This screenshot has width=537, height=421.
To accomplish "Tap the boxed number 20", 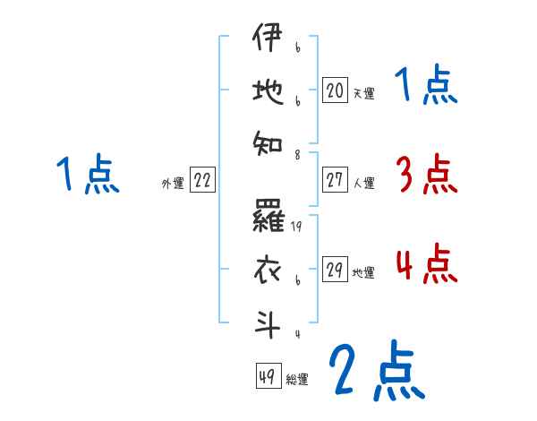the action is point(335,90).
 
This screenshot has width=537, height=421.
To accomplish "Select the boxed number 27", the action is point(335,181).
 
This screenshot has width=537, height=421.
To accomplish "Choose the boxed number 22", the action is point(202,181).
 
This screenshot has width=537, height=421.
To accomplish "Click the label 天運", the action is point(362,92).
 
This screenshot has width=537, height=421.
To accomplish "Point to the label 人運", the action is point(362,183).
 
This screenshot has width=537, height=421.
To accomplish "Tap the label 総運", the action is point(296,379).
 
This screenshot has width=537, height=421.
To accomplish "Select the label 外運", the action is point(172,183).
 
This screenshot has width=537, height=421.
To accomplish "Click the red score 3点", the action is point(426,175).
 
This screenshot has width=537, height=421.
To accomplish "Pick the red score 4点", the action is point(426,265).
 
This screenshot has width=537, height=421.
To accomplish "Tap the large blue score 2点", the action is point(375,371).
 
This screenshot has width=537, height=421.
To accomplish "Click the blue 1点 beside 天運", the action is point(426,86).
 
